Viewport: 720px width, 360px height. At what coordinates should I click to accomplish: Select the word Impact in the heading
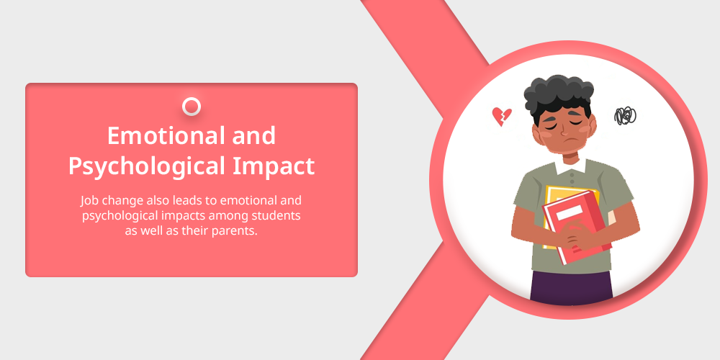(274, 166)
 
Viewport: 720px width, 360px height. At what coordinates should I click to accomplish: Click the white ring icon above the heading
(192, 107)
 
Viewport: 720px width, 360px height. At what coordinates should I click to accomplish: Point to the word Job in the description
(89, 201)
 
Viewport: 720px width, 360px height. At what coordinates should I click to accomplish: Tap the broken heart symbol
(501, 117)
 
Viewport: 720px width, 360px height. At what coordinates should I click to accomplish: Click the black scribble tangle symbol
(625, 116)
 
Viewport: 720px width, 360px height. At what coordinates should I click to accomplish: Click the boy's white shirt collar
(570, 166)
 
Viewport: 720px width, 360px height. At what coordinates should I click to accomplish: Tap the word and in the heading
(254, 136)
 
